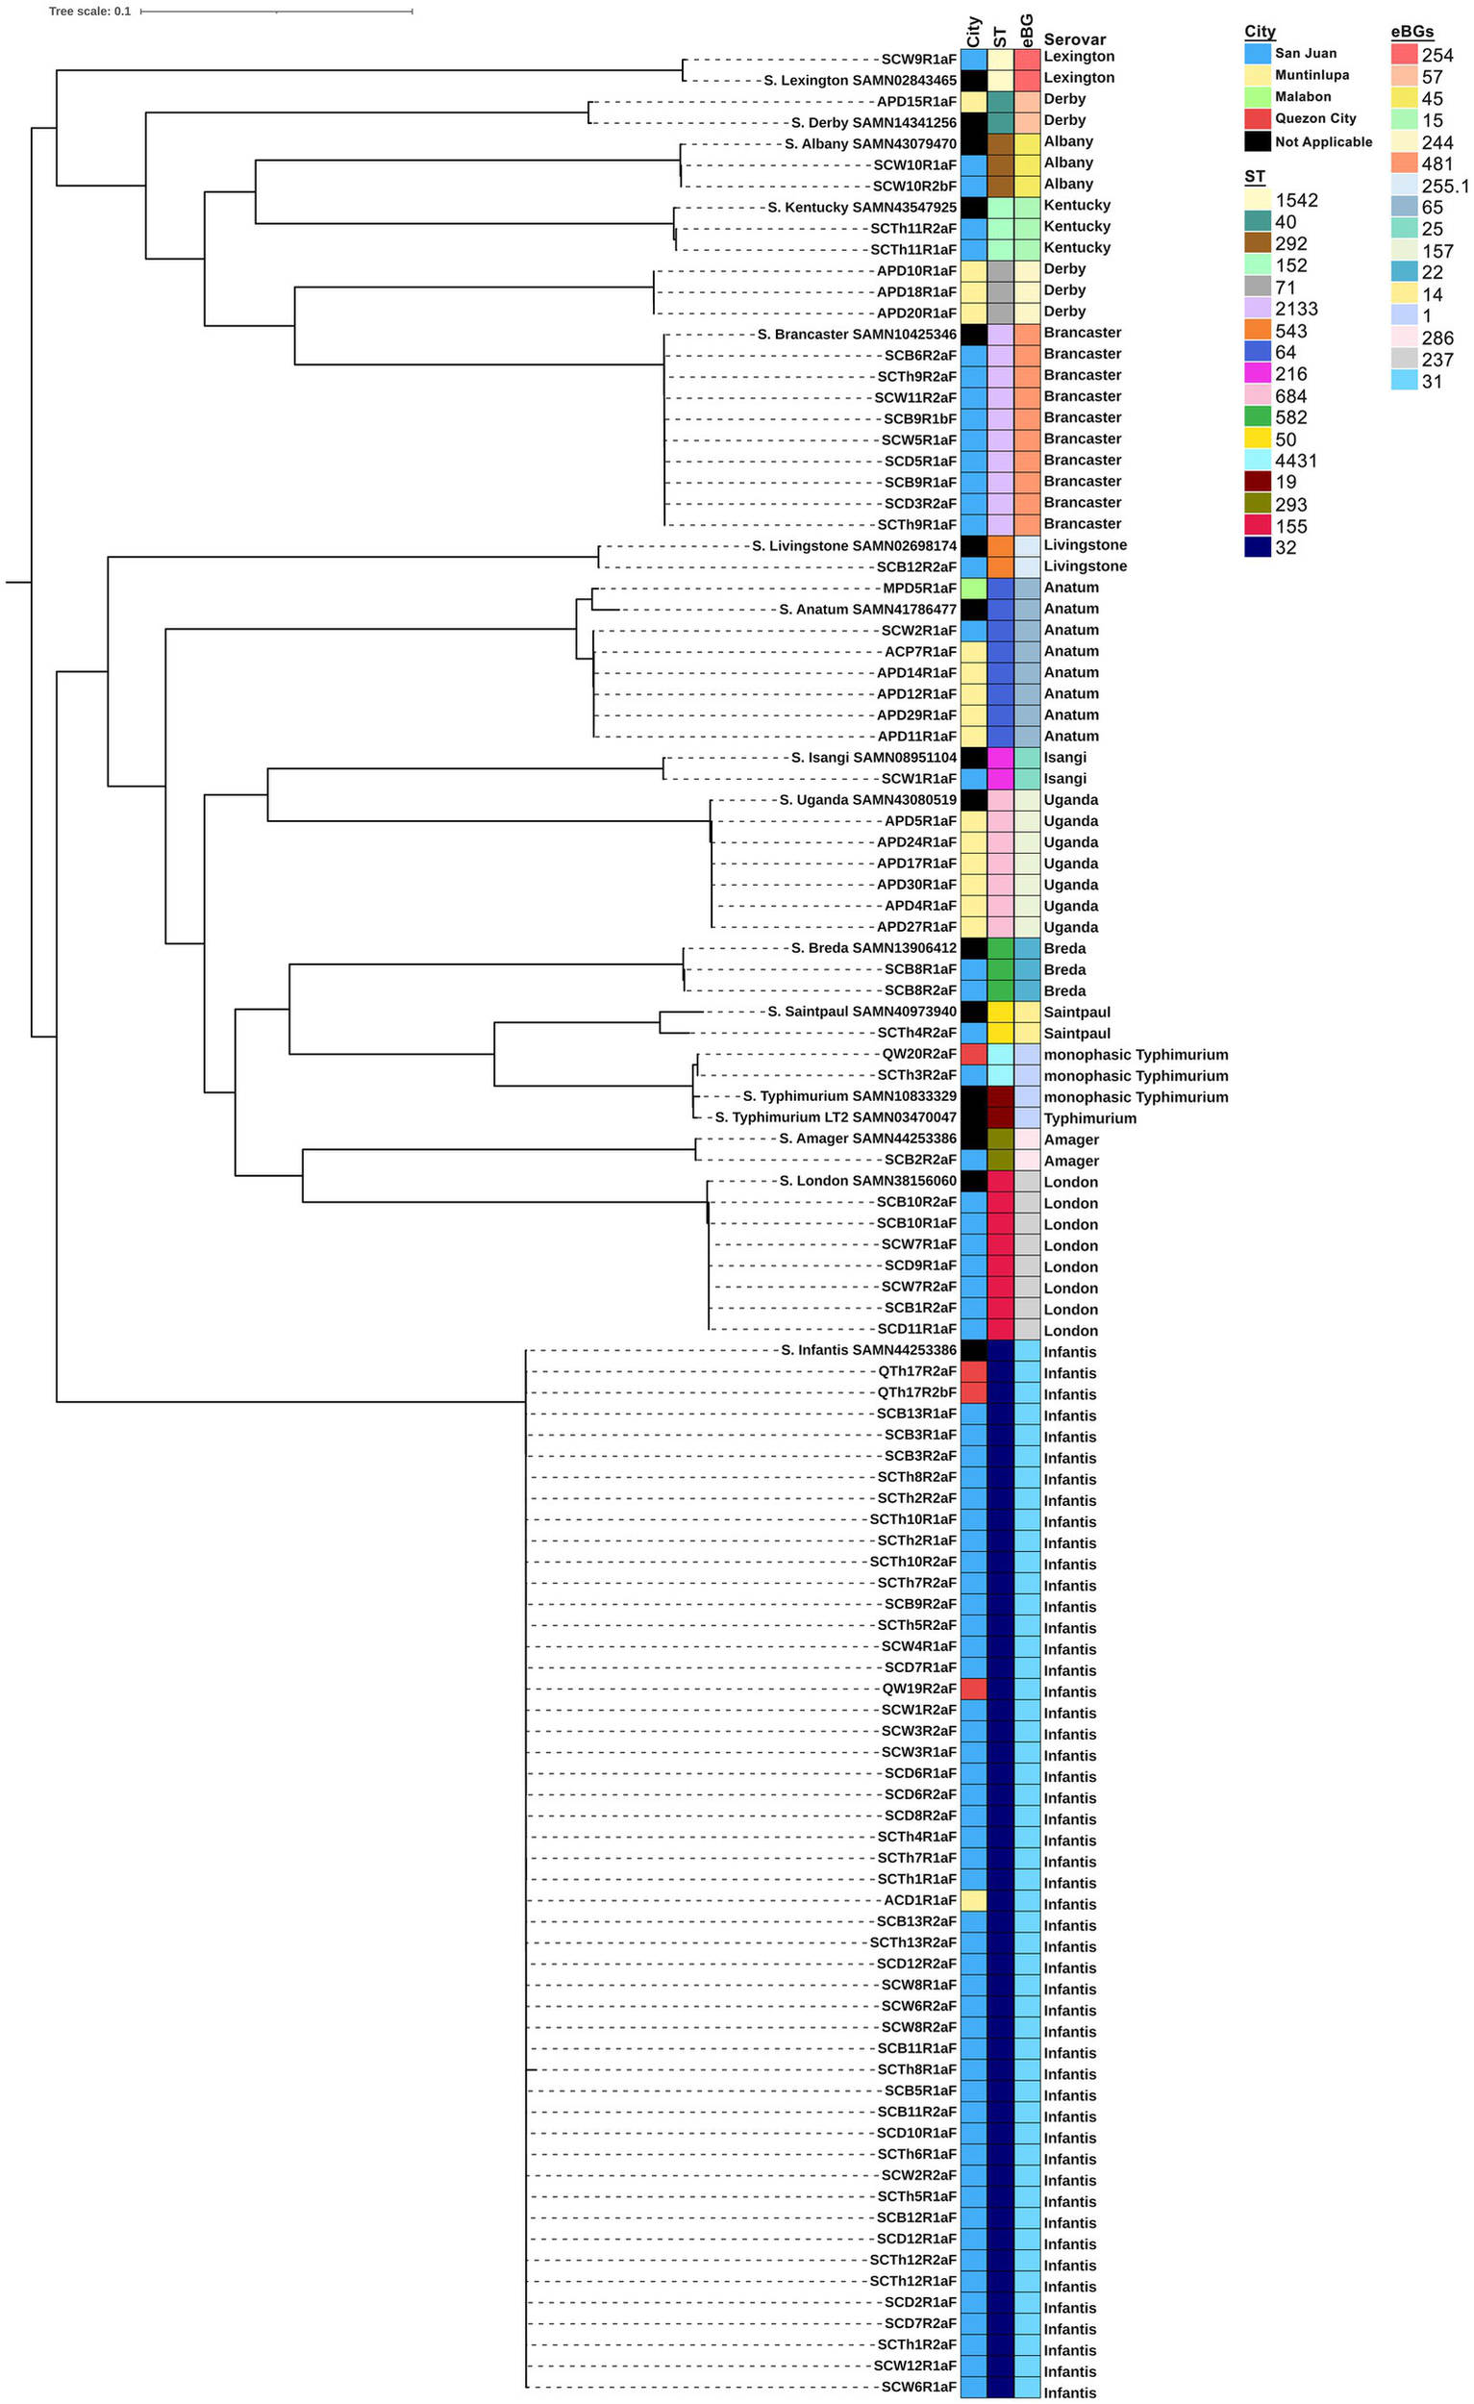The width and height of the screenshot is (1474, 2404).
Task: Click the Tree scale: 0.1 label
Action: click(x=89, y=12)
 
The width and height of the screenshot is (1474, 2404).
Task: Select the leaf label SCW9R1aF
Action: click(x=919, y=59)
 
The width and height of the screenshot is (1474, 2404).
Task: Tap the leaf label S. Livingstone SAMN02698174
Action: click(x=855, y=545)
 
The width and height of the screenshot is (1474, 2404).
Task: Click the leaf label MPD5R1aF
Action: click(x=920, y=588)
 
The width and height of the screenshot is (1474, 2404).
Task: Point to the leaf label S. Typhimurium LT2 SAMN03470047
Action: click(x=836, y=1117)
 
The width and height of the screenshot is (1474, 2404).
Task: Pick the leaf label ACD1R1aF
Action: click(x=920, y=1900)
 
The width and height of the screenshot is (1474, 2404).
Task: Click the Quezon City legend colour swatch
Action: click(x=1258, y=118)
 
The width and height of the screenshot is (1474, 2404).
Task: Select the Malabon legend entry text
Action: click(x=1302, y=96)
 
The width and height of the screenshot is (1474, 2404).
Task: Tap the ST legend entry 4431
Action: click(x=1296, y=461)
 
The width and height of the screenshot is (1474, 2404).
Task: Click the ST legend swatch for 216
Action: click(x=1258, y=374)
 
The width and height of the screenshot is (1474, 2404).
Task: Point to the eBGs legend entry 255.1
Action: click(x=1445, y=186)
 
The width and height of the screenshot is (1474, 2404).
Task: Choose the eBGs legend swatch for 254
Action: click(x=1404, y=55)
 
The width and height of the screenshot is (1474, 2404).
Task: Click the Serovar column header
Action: click(x=1074, y=39)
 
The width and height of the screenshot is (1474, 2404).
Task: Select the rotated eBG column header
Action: click(x=1026, y=29)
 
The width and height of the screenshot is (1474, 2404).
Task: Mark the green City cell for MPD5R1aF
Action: click(x=974, y=588)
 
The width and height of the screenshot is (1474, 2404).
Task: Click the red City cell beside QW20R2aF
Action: click(x=974, y=1055)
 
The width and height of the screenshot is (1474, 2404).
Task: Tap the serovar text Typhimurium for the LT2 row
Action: click(x=1089, y=1118)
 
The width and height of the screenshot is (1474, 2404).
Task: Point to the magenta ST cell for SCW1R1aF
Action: click(x=1000, y=779)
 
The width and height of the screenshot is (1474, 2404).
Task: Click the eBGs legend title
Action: click(x=1412, y=31)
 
